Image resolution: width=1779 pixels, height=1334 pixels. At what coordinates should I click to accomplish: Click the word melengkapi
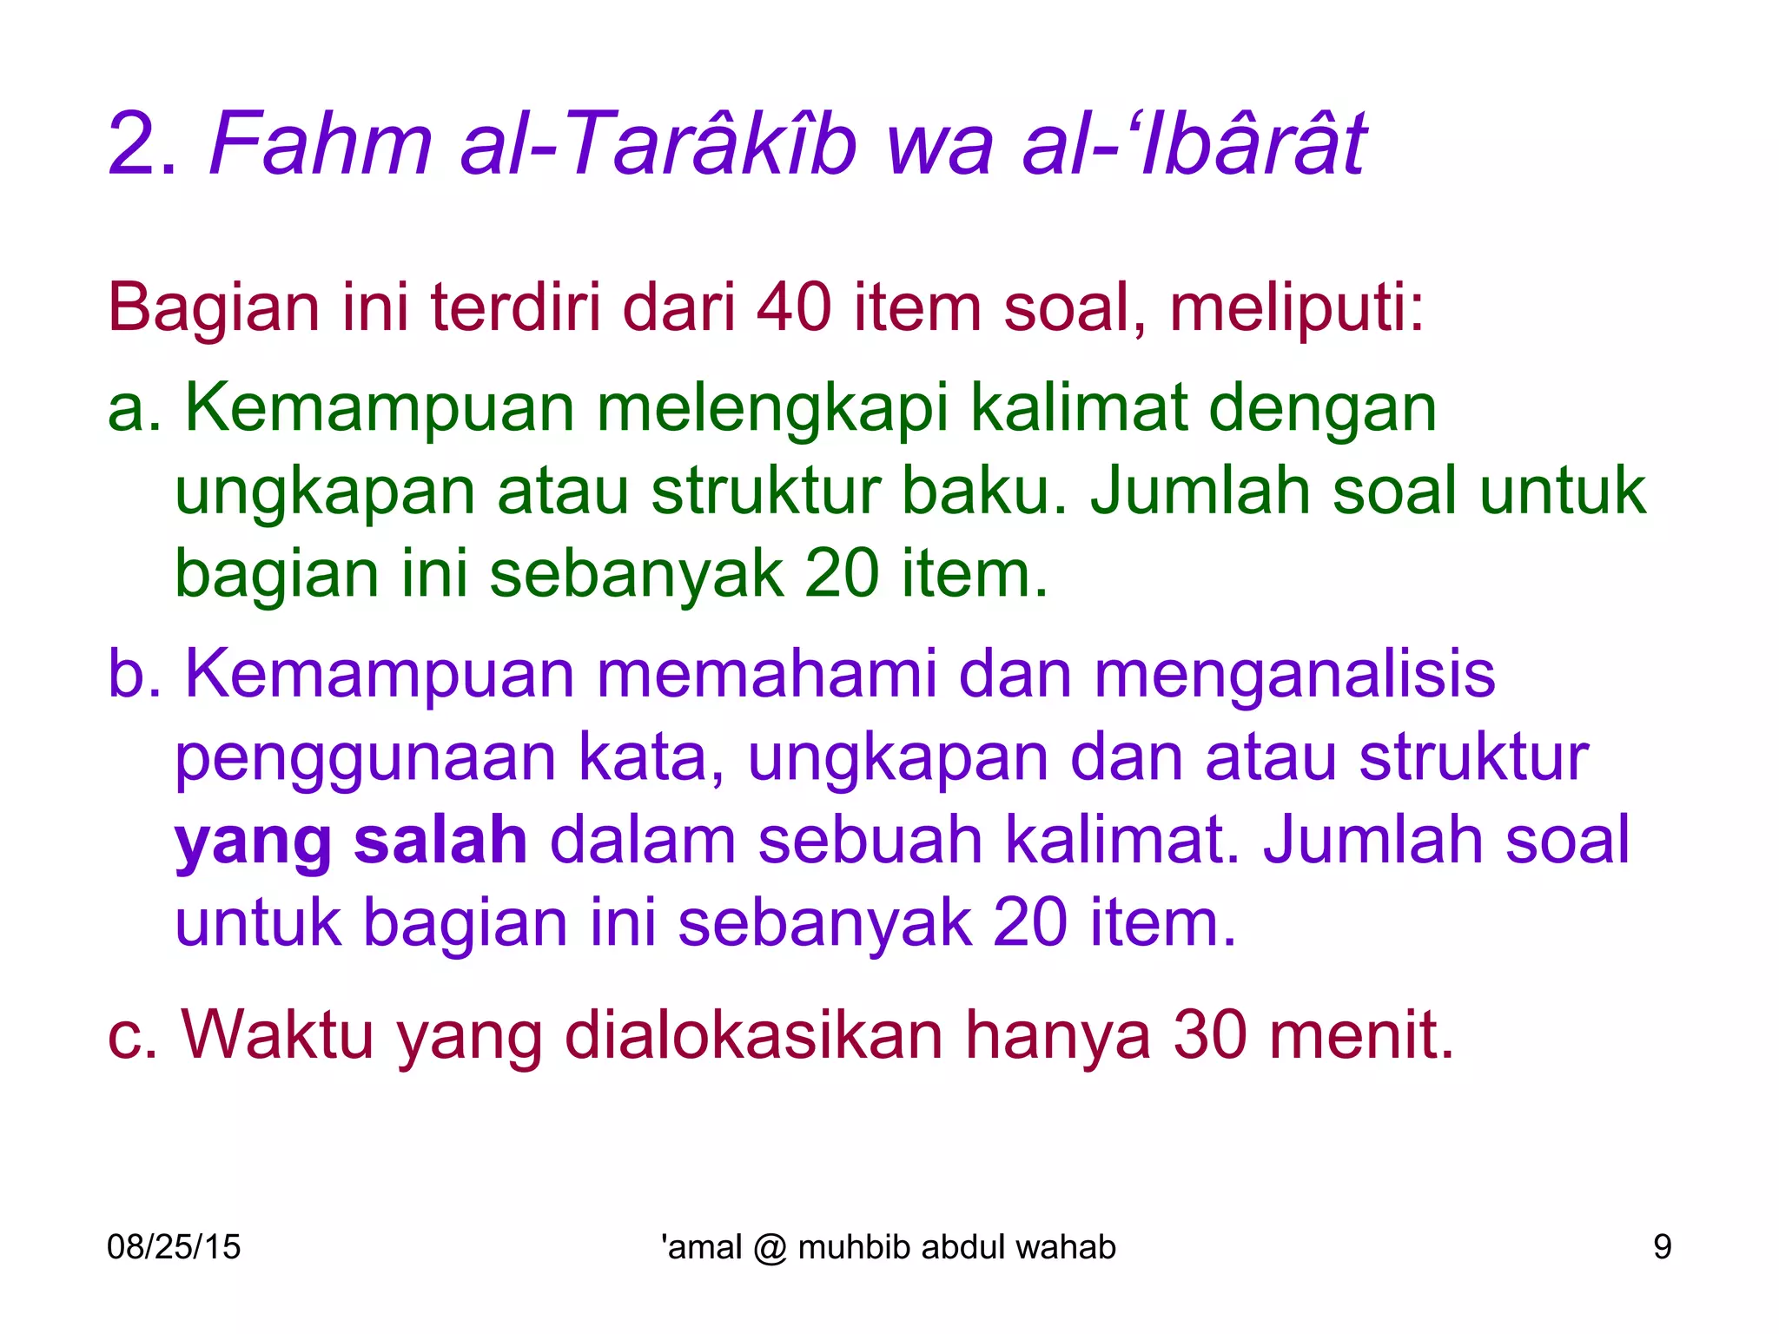tap(772, 408)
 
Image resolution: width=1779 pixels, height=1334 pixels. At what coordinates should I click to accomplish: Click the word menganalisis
tap(1294, 675)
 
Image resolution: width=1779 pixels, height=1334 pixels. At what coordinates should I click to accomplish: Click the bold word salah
tap(440, 840)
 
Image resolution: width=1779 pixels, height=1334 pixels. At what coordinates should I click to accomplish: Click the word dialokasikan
tap(753, 1035)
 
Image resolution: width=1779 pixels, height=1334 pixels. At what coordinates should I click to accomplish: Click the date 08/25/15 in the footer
tap(174, 1247)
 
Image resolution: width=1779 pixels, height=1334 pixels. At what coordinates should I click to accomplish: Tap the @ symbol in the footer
tap(770, 1248)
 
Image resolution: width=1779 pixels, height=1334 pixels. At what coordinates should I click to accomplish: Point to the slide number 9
tap(1662, 1247)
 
